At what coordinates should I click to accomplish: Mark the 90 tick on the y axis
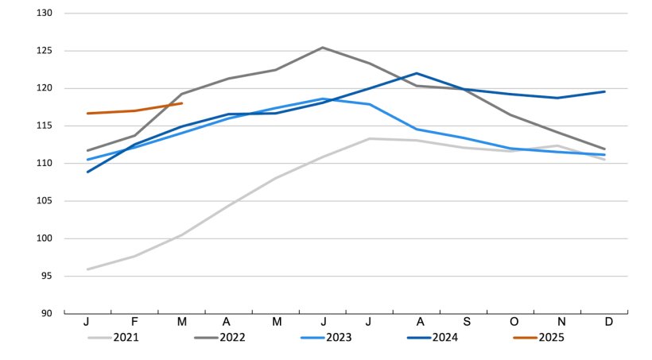46,314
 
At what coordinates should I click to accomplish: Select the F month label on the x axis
134,322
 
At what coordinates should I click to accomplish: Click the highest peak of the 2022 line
322,48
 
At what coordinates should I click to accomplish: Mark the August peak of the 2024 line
417,73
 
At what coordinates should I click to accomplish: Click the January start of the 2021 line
87,269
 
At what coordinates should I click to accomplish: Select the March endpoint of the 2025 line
181,103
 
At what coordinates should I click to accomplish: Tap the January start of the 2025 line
87,114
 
